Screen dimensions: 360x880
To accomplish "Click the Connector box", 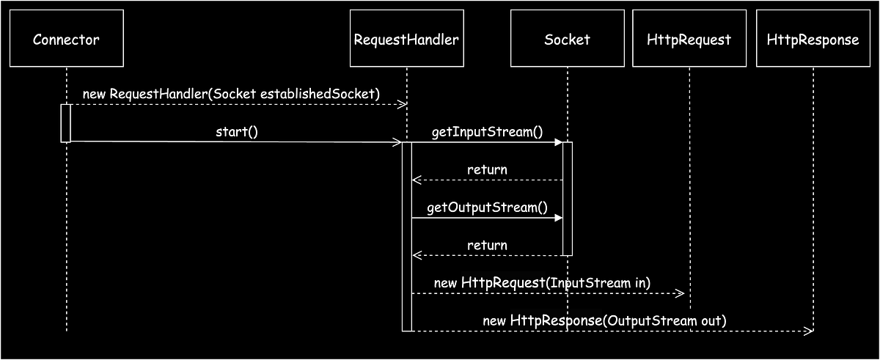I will [x=66, y=39].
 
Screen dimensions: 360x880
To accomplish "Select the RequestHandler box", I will [x=406, y=39].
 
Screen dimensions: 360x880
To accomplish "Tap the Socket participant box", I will [x=567, y=39].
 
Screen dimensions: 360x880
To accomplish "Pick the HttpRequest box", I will [x=689, y=39].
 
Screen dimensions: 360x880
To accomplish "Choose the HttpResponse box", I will [x=813, y=39].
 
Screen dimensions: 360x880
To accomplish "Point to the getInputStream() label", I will [x=487, y=132].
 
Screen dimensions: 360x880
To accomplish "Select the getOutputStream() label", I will [x=487, y=207].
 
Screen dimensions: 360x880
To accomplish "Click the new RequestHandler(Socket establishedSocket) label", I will [x=231, y=94].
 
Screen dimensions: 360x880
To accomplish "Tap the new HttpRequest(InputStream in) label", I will [x=542, y=282].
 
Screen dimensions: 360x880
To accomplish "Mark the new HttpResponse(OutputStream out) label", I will [x=604, y=320].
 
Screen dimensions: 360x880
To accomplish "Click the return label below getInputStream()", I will [x=487, y=169].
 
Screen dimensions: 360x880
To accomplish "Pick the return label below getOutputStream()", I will [x=487, y=245].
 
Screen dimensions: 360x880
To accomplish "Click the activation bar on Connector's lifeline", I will [x=66, y=122].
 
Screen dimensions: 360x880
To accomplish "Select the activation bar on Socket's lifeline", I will [x=567, y=198].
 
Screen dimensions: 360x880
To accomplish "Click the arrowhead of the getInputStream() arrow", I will [x=558, y=142].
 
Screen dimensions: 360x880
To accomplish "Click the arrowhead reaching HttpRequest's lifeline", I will [x=680, y=293].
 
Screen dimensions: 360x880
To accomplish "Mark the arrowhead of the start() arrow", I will [x=397, y=142].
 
